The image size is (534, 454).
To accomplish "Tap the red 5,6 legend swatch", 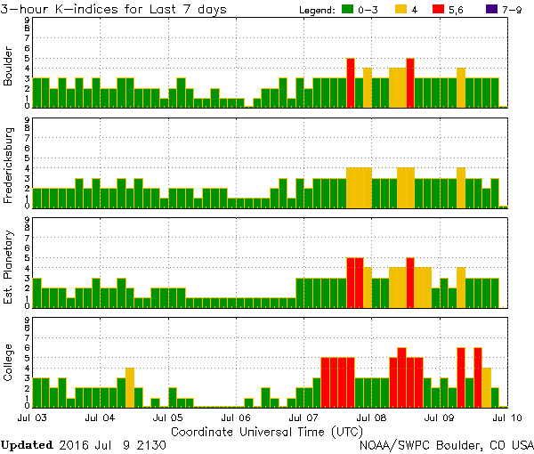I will tap(449, 9).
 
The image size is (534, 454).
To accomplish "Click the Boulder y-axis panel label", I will tap(8, 67).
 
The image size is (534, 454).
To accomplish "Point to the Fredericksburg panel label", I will tap(8, 167).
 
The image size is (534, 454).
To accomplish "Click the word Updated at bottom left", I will tap(28, 444).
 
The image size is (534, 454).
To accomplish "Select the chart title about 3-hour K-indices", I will tap(114, 9).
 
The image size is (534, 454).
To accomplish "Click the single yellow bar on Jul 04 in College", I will tap(130, 387).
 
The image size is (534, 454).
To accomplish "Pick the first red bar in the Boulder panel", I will tap(351, 82).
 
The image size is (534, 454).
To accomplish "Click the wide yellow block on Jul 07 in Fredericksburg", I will tap(359, 187).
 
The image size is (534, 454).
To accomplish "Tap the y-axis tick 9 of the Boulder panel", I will tap(28, 20).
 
